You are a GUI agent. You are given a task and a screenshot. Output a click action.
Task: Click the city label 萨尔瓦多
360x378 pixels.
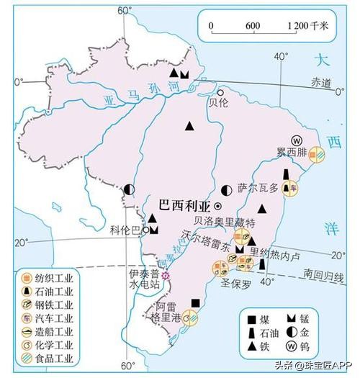[256, 188]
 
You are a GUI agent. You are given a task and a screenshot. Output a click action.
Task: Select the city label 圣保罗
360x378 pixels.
[238, 283]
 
